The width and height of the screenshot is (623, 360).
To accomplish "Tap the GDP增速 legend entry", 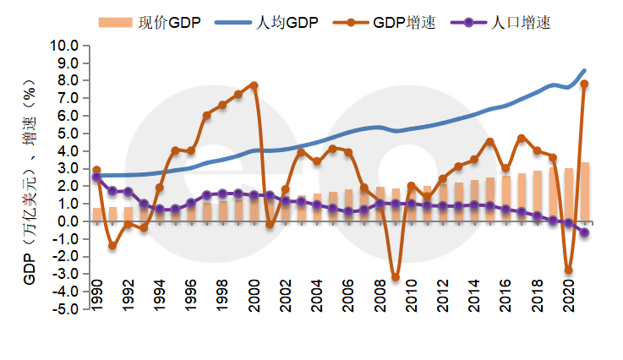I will (388, 23).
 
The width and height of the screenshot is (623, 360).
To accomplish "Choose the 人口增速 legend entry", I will (504, 23).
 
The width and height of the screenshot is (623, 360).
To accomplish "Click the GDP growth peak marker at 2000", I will (254, 85).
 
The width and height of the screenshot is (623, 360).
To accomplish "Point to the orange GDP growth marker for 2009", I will (395, 277).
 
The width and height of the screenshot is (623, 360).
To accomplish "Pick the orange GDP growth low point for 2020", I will (568, 270).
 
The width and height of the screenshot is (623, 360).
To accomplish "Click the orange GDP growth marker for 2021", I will (584, 84).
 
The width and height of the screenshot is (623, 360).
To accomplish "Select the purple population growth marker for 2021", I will (584, 232).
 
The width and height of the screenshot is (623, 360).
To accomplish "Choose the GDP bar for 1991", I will (112, 214).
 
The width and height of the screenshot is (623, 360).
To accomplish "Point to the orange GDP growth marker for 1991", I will (112, 246).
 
